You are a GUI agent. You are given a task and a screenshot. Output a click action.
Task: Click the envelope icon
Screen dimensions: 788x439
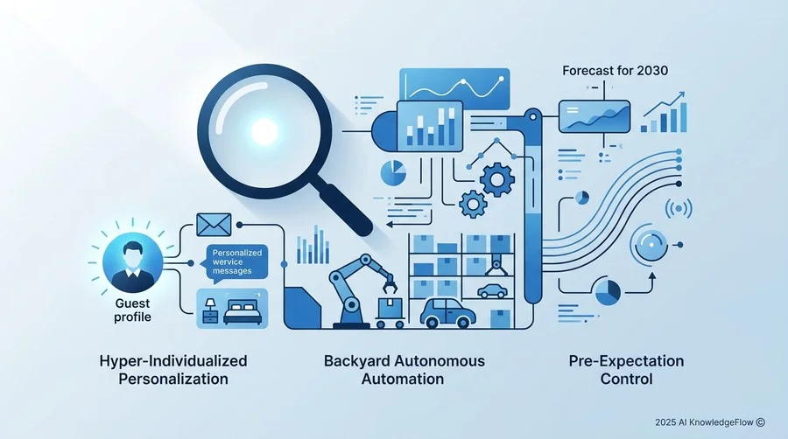pos(214,225)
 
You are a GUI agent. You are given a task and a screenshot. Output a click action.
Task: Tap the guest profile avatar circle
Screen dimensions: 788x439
pos(133,261)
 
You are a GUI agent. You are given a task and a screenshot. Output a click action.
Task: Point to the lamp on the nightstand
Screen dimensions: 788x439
pos(210,303)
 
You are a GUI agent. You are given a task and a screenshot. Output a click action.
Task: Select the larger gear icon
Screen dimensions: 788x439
pos(497,179)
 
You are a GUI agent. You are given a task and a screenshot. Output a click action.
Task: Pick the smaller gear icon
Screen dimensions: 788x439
pos(472,204)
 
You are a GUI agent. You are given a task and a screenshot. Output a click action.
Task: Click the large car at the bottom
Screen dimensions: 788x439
pos(447,314)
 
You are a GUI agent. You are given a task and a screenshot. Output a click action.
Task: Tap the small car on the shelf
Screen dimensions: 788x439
pos(492,291)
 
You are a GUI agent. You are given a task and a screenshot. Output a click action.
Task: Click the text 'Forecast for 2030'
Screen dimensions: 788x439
pos(616,71)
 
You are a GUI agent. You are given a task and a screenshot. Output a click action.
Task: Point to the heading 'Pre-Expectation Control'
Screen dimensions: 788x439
pos(626,370)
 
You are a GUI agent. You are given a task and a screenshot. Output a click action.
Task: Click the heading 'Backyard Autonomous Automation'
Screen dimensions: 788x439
pos(404,370)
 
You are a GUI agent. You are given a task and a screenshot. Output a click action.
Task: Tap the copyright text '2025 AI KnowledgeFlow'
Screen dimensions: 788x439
pos(704,422)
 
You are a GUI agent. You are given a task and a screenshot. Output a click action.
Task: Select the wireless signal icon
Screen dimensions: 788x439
pos(679,208)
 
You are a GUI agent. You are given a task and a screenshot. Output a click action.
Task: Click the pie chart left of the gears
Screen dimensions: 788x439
pos(393,173)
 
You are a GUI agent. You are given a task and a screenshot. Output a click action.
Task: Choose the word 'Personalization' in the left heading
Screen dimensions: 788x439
pos(173,379)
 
